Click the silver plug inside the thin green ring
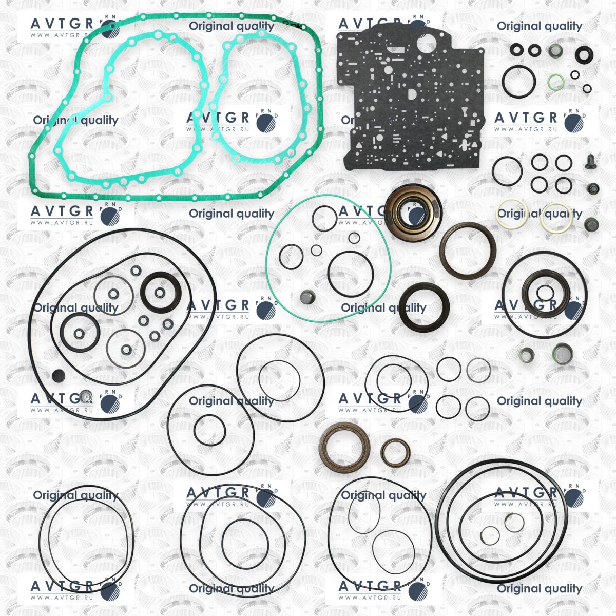point(307,298)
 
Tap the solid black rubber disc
point(58,376)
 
